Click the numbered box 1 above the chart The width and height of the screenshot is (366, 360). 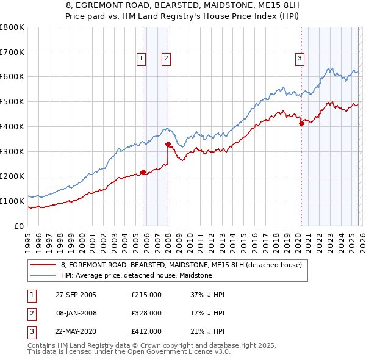point(141,59)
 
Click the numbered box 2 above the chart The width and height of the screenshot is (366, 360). point(166,59)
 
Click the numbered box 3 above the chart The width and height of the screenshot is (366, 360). point(300,59)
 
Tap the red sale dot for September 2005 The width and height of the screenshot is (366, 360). point(143,172)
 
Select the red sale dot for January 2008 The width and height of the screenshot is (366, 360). point(168,145)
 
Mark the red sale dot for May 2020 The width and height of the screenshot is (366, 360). point(301,123)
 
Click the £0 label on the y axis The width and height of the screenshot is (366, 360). point(20,226)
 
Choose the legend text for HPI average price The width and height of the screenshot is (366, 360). point(136,275)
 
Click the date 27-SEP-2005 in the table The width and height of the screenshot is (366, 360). point(76,295)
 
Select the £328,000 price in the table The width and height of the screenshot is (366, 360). point(146,313)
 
